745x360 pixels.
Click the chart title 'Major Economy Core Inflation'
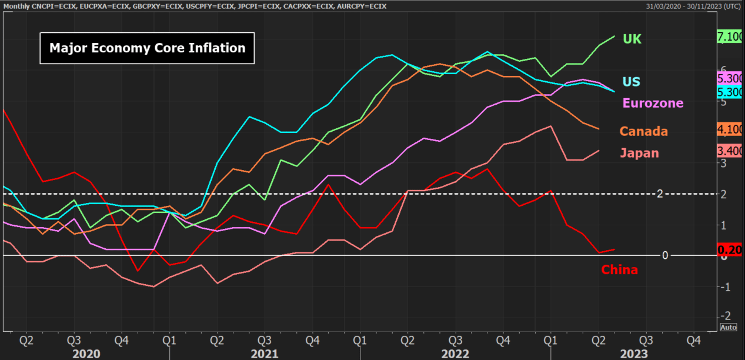coord(147,48)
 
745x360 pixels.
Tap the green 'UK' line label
coord(632,39)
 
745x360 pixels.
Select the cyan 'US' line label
coord(632,82)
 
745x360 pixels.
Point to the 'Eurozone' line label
coord(653,103)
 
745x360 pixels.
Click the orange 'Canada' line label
coord(644,131)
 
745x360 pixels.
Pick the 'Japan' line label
coord(639,154)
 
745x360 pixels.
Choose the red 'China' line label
coord(619,270)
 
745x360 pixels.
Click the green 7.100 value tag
coord(730,36)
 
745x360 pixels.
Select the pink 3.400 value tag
coord(730,151)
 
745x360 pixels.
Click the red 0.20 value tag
coord(730,250)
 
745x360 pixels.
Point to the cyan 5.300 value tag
coord(730,92)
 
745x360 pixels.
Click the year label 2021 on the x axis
coord(265,354)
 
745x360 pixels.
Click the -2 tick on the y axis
coord(725,316)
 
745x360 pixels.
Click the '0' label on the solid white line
coord(665,255)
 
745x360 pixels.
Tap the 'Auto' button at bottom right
coord(728,327)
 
